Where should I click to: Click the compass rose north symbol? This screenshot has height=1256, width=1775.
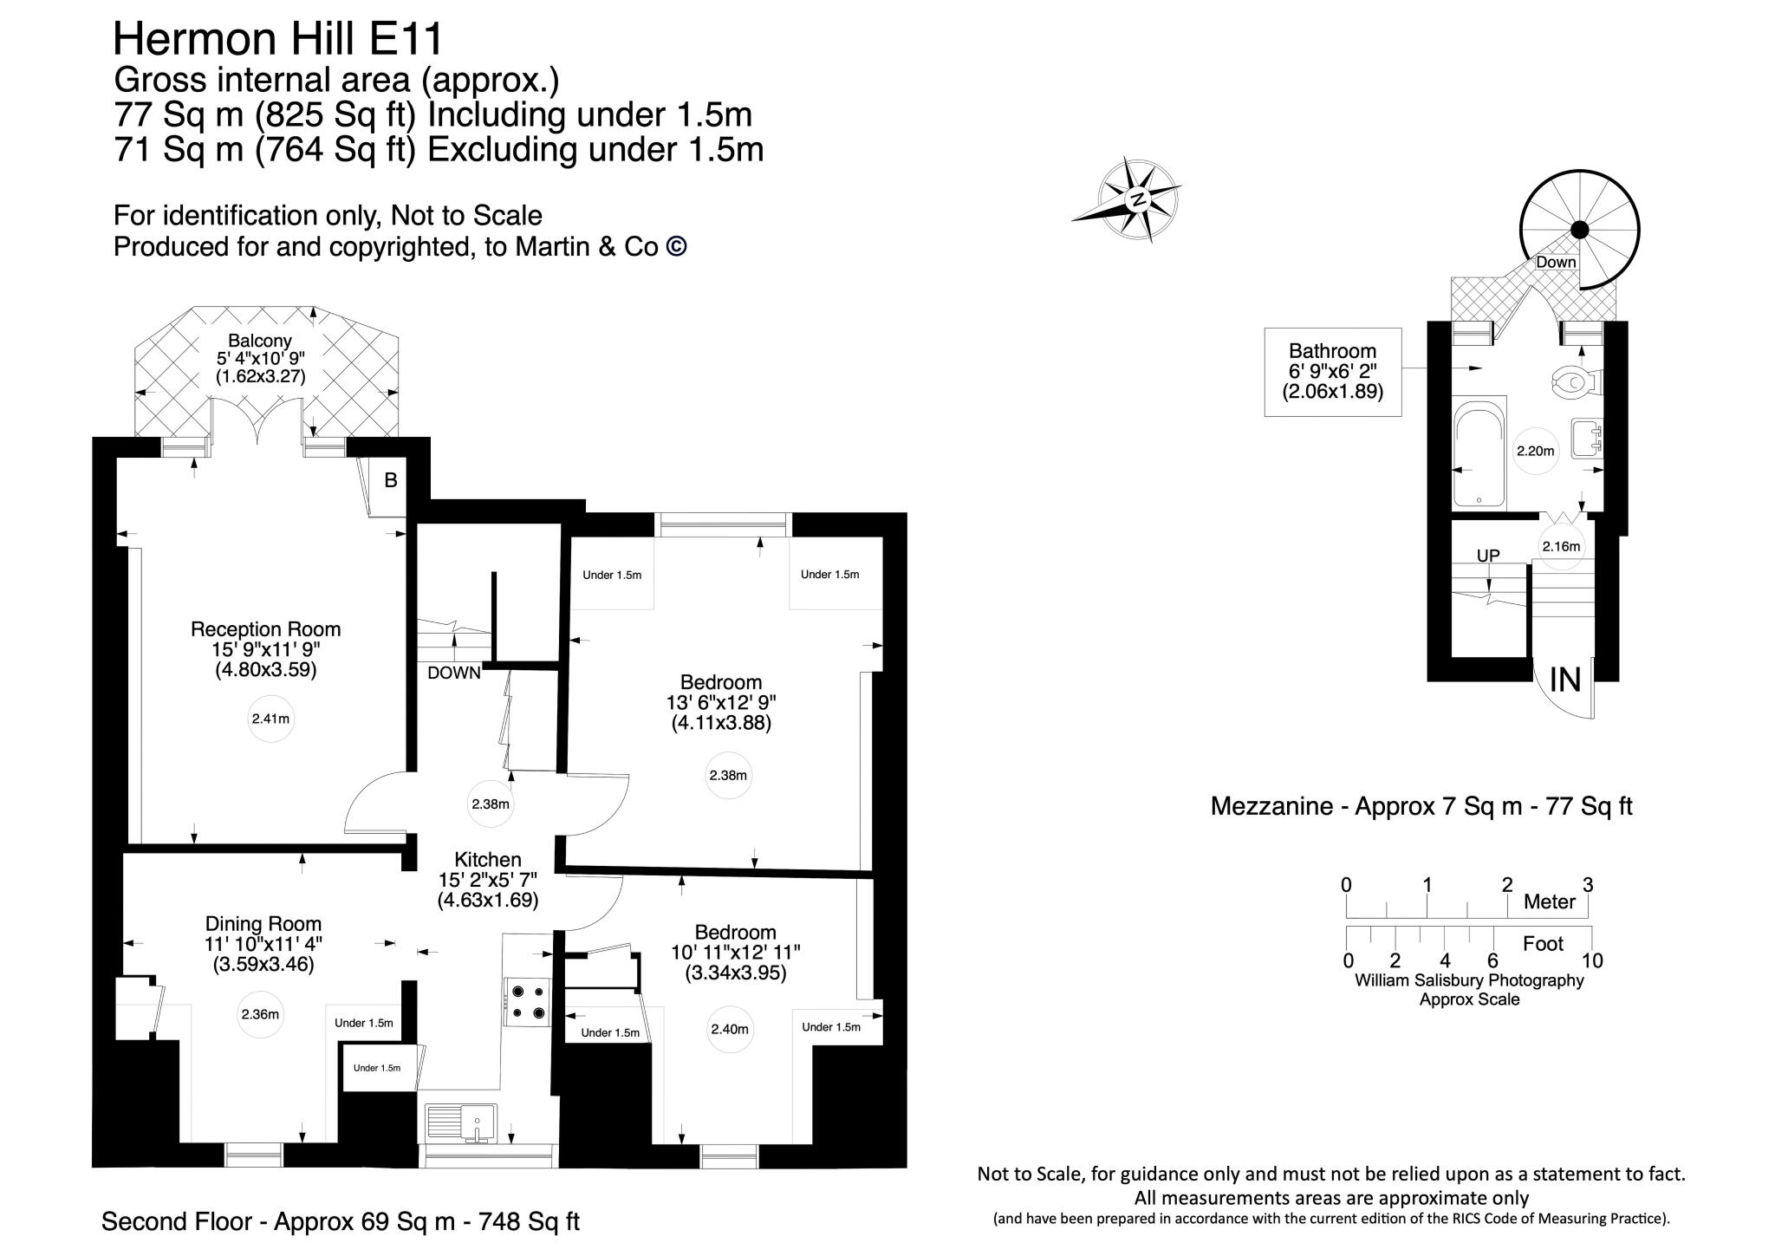1138,199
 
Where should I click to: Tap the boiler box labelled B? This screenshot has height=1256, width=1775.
390,480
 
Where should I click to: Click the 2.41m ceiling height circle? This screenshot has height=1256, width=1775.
270,719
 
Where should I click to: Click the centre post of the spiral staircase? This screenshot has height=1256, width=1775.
1580,230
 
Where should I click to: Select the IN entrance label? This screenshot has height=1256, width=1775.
1565,680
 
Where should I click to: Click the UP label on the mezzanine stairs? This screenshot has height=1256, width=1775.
1487,556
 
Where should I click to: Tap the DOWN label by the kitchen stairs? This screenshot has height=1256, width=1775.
453,673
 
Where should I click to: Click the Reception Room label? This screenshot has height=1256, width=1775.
265,629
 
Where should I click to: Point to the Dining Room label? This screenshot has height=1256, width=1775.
263,924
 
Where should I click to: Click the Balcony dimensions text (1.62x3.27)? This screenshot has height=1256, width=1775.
260,377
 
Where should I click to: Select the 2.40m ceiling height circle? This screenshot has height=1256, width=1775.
729,1030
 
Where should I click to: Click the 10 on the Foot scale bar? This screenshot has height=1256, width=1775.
1591,960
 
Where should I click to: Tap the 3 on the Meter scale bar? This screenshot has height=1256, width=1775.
1587,885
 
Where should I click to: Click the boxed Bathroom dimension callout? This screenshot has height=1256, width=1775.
1332,372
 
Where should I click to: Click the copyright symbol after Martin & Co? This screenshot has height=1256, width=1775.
676,247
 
